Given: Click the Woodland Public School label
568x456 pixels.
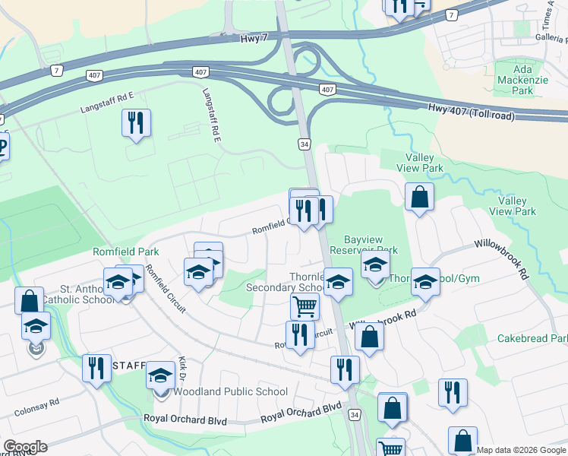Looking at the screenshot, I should pos(231,392).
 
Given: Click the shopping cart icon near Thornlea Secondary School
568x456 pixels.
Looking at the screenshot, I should pos(305,307).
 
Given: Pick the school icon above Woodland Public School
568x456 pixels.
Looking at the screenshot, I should pos(160,375).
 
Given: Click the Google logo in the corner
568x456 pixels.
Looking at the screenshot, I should pos(24,447).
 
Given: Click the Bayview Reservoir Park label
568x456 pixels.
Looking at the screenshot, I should pos(371,244).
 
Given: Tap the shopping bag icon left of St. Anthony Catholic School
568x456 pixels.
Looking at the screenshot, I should pos(29,301).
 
